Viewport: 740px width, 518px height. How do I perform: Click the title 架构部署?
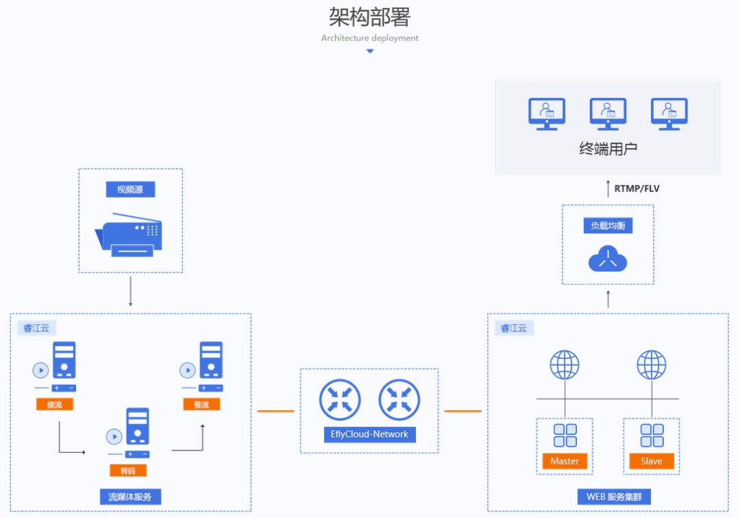[369, 16]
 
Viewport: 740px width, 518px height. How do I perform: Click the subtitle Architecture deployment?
[369, 38]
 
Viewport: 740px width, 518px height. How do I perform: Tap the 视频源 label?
[130, 189]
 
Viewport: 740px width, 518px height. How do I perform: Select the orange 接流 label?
[54, 405]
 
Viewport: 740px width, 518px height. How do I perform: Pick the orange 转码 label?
[128, 471]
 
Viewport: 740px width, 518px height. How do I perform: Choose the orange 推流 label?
[201, 405]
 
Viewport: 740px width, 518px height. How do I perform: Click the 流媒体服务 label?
[130, 497]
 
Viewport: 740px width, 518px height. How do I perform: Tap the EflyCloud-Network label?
[369, 434]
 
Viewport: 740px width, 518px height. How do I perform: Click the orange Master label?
[565, 461]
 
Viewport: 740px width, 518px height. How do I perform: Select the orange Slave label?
[651, 461]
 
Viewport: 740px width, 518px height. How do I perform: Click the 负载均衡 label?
[608, 226]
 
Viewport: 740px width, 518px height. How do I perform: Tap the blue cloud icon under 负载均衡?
[608, 259]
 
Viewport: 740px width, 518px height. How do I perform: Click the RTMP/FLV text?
[637, 189]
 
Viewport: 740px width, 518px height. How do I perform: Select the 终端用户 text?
[608, 149]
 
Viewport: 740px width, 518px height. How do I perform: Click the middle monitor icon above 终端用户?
[608, 113]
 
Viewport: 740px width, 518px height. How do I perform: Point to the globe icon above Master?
[565, 365]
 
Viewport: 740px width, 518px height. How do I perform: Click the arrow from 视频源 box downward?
[130, 292]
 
